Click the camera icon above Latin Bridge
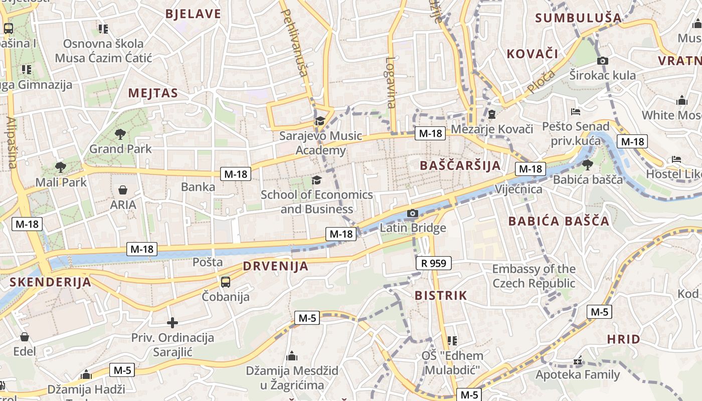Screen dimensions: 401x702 point(412,214)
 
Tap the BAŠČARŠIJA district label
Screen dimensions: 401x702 point(460,165)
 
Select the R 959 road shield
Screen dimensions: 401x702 point(433,263)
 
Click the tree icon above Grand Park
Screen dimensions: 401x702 point(120,134)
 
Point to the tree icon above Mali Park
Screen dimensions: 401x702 point(60,167)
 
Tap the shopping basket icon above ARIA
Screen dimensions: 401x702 point(123,190)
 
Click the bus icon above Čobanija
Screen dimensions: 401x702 point(226,282)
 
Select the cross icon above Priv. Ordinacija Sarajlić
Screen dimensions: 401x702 point(172,323)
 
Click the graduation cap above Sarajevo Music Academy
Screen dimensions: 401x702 point(319,121)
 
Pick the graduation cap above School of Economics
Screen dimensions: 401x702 point(316,180)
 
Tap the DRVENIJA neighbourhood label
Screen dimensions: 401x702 point(275,267)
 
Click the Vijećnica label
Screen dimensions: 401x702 point(518,189)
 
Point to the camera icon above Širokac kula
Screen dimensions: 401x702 point(602,61)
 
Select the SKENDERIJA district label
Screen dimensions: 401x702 point(50,282)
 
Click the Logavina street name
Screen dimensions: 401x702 point(391,83)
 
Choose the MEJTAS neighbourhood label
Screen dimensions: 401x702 point(153,93)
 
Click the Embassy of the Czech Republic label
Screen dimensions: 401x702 point(534,276)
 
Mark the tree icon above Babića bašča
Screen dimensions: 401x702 point(588,164)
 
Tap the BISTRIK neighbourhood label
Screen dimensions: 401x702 point(440,296)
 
